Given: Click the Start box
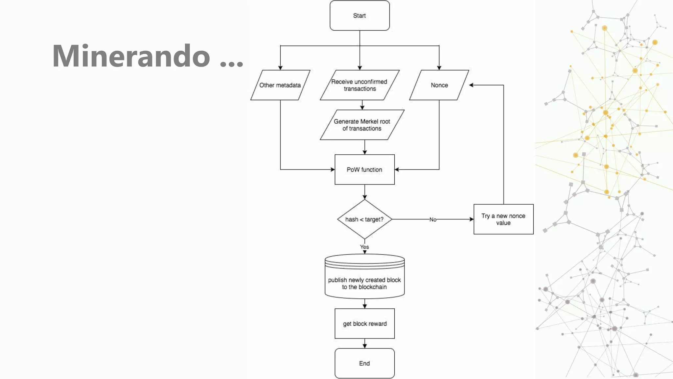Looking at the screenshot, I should pos(360,15).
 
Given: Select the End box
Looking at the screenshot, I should pos(364,363).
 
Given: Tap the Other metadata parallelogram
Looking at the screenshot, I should pos(280,85).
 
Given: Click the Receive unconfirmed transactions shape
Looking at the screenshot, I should pos(360,85).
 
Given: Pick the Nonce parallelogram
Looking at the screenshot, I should pos(439,85).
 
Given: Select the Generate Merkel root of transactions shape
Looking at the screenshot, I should pos(362,125).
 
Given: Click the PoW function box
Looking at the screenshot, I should pos(364,169).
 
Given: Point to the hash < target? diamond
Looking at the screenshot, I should pos(364,219).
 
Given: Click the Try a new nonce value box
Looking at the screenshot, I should pos(503,219).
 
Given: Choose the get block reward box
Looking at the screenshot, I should pos(364,323).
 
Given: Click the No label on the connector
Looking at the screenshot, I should pos(433,219).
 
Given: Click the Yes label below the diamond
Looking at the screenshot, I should pos(364,247).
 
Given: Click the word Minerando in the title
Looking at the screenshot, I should pos(131,56).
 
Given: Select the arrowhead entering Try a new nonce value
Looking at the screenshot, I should pos(471,219).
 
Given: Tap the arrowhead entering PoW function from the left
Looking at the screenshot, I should pos(333,169).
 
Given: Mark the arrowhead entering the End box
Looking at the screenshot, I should pos(364,346).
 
